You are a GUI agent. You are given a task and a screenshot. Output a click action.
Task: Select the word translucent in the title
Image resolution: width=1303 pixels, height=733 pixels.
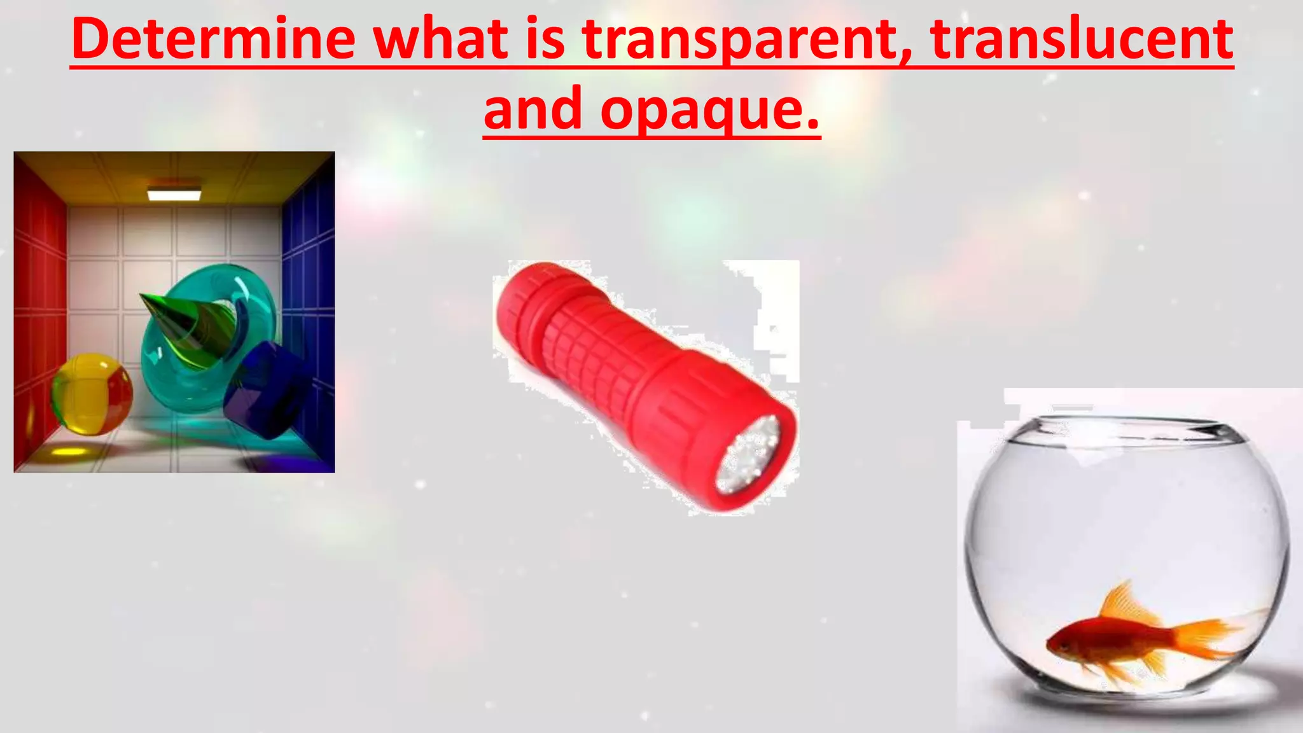point(1082,39)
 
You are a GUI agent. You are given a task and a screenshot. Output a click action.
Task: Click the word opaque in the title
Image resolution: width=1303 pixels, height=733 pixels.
point(709,109)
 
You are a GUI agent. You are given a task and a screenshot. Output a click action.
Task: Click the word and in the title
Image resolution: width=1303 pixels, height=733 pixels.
point(533,109)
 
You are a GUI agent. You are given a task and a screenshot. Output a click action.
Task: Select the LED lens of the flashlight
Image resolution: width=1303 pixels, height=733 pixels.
point(749,455)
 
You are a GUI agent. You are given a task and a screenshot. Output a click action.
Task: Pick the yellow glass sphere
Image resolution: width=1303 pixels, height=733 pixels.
point(92,394)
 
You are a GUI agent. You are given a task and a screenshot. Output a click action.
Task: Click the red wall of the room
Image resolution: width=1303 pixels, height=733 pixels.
point(38,305)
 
